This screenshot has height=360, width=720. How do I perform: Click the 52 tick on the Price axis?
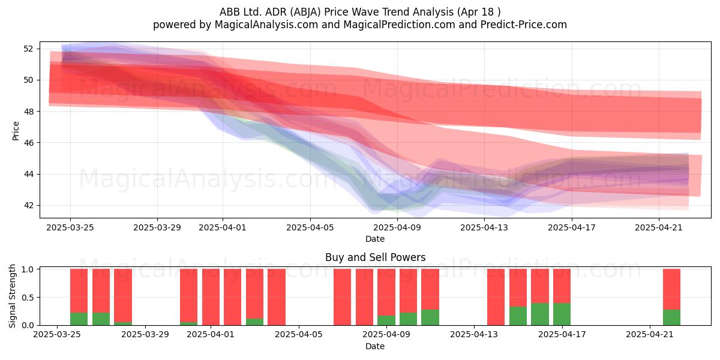pyautogui.click(x=28, y=49)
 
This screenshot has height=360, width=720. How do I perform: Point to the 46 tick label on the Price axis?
pyautogui.click(x=28, y=143)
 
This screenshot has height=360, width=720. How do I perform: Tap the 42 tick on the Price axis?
pyautogui.click(x=28, y=205)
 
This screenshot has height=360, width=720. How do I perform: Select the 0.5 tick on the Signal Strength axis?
pyautogui.click(x=28, y=298)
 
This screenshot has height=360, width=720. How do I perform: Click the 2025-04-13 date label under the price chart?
pyautogui.click(x=484, y=227)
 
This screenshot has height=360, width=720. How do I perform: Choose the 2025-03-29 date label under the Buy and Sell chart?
pyautogui.click(x=145, y=334)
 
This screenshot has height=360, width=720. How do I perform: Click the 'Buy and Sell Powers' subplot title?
pyautogui.click(x=375, y=257)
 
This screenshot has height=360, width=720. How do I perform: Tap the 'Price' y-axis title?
pyautogui.click(x=16, y=131)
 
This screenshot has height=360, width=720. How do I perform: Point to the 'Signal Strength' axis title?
pyautogui.click(x=12, y=296)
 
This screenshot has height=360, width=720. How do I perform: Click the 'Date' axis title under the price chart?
pyautogui.click(x=375, y=239)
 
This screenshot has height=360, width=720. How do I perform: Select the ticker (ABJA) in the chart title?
pyautogui.click(x=305, y=12)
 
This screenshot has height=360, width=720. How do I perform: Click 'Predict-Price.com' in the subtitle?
pyautogui.click(x=524, y=25)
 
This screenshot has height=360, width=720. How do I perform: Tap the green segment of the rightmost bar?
pyautogui.click(x=671, y=317)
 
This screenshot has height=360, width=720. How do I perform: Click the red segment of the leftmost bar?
pyautogui.click(x=79, y=290)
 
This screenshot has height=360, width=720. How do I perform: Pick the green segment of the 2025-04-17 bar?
pyautogui.click(x=562, y=314)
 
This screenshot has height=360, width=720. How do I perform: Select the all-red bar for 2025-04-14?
pyautogui.click(x=496, y=297)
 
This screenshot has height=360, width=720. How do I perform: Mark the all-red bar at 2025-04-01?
pyautogui.click(x=211, y=297)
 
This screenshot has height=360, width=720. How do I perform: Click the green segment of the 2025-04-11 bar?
pyautogui.click(x=430, y=317)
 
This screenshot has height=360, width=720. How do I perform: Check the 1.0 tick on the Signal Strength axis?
pyautogui.click(x=28, y=269)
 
